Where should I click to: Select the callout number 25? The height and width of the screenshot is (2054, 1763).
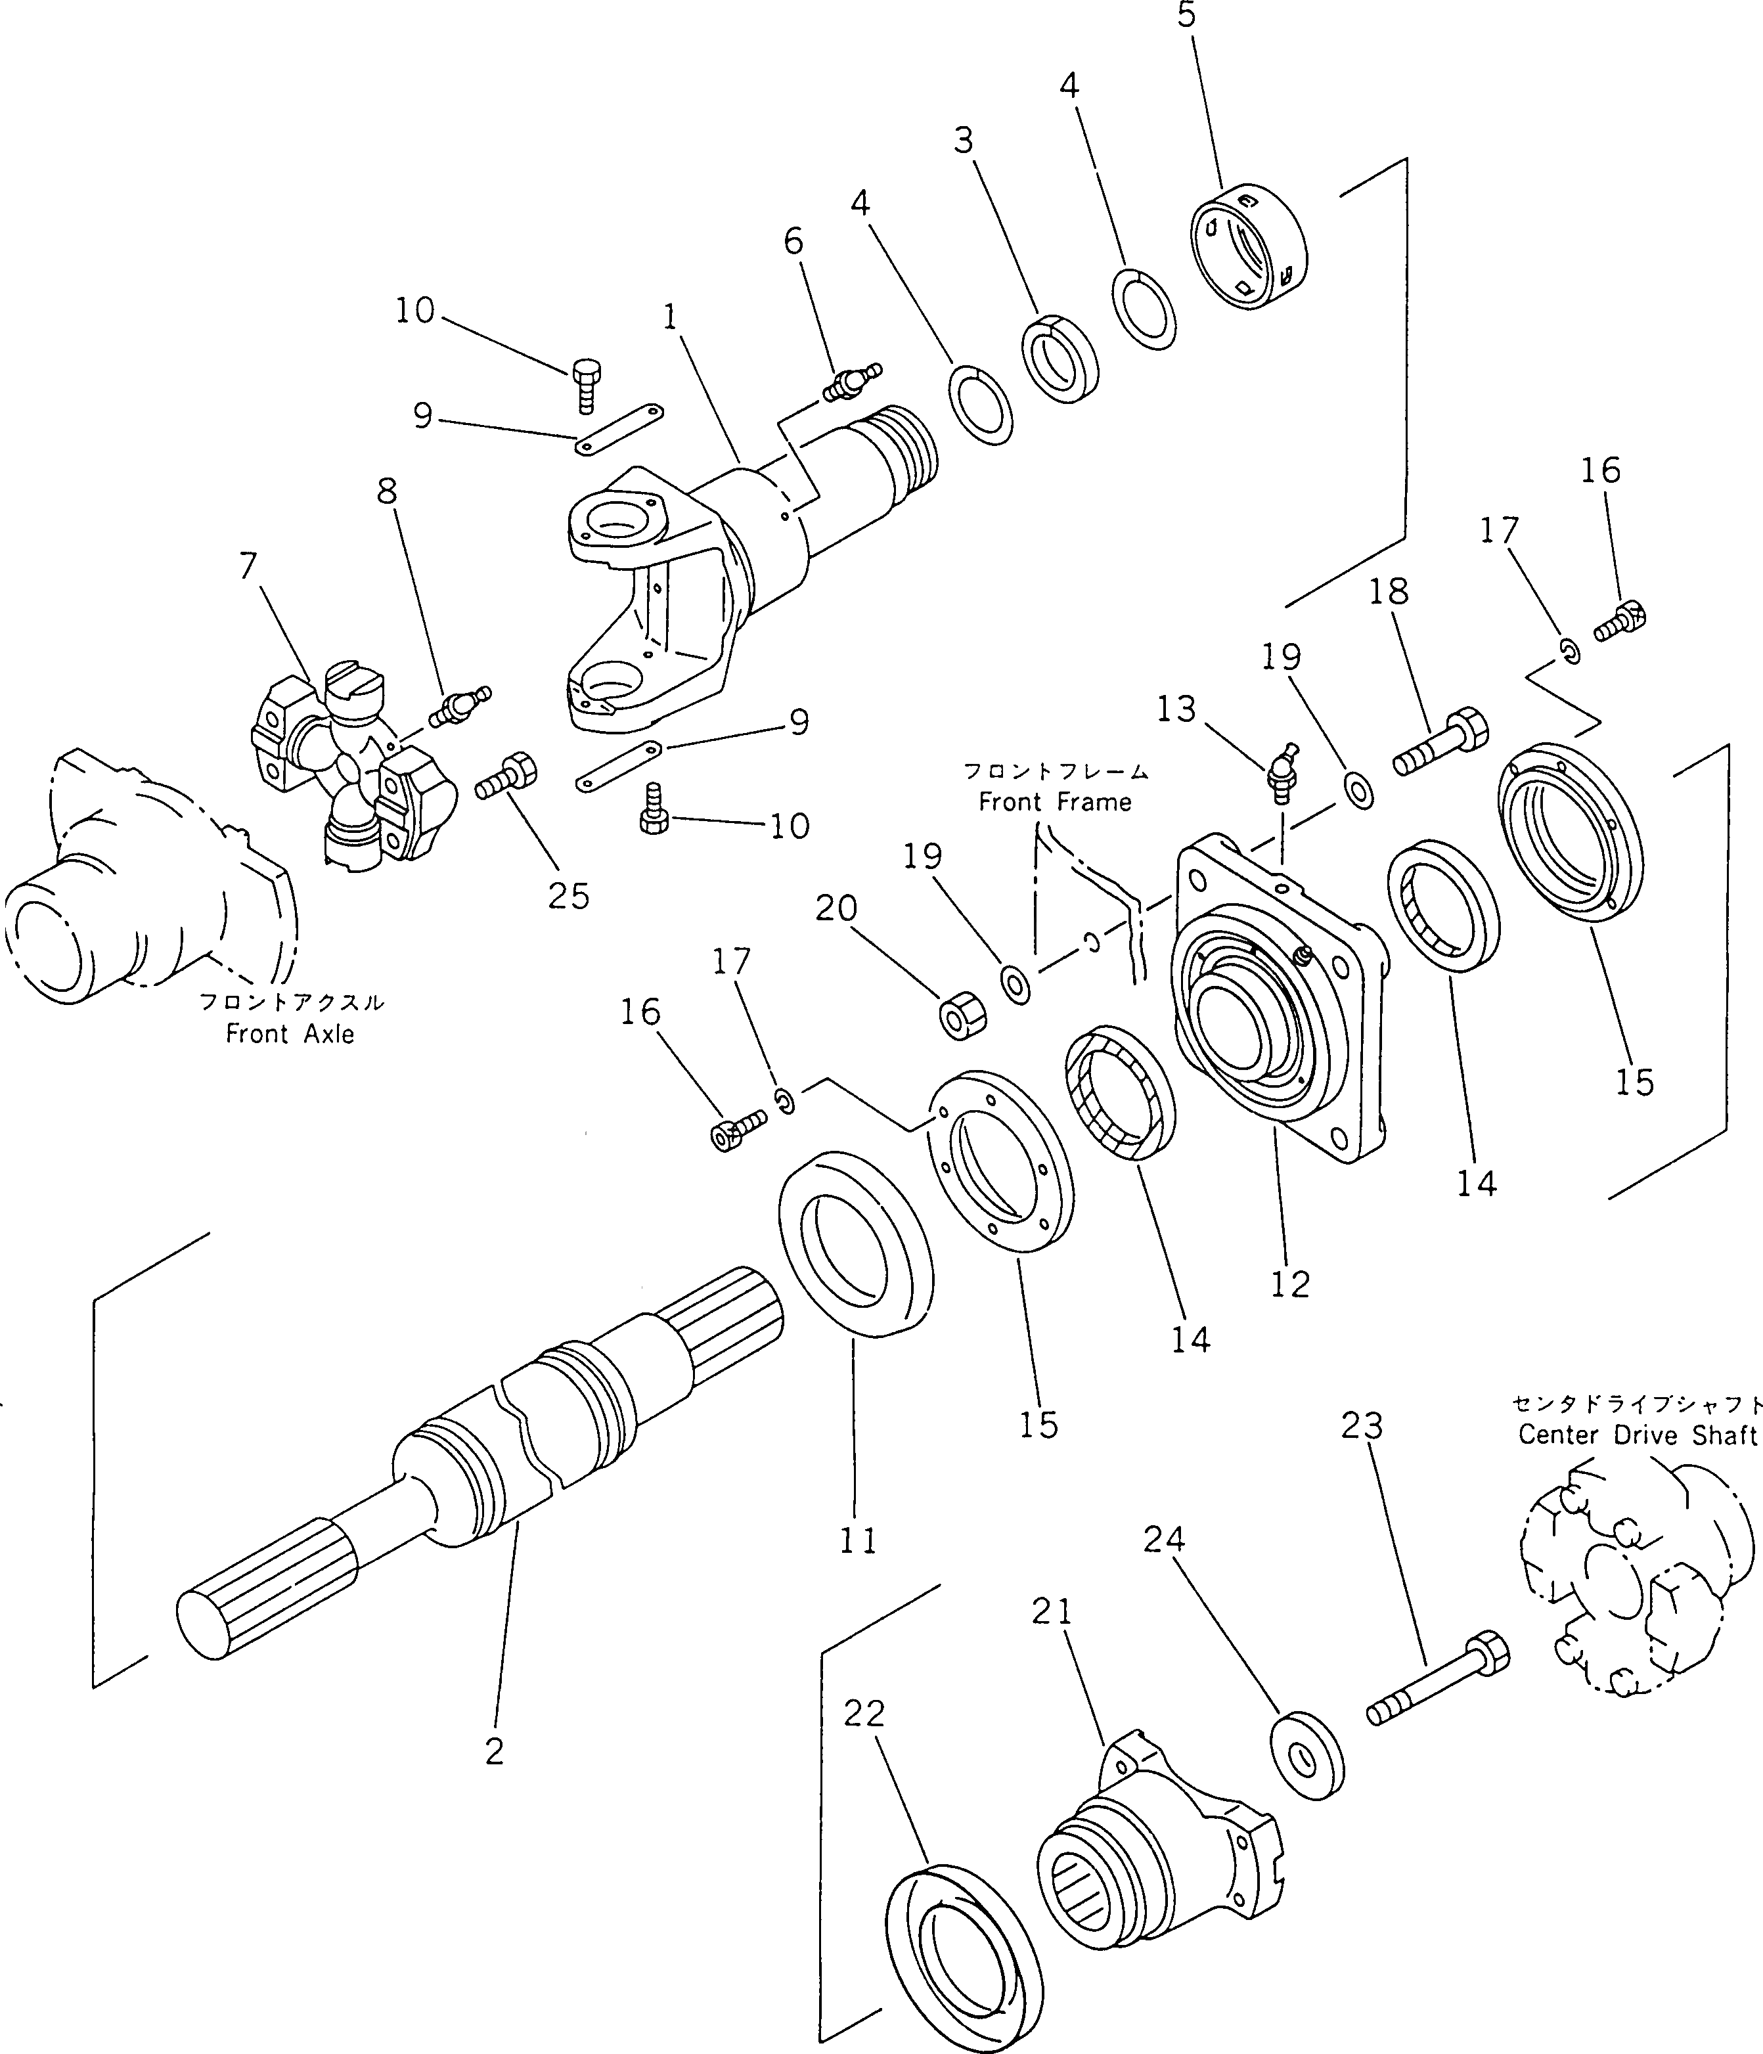coord(568,896)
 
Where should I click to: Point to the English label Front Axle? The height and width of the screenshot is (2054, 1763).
coord(290,1034)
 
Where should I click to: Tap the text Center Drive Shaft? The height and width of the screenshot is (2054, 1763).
coord(1636,1435)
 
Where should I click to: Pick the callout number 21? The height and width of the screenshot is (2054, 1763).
coord(1052,1613)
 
